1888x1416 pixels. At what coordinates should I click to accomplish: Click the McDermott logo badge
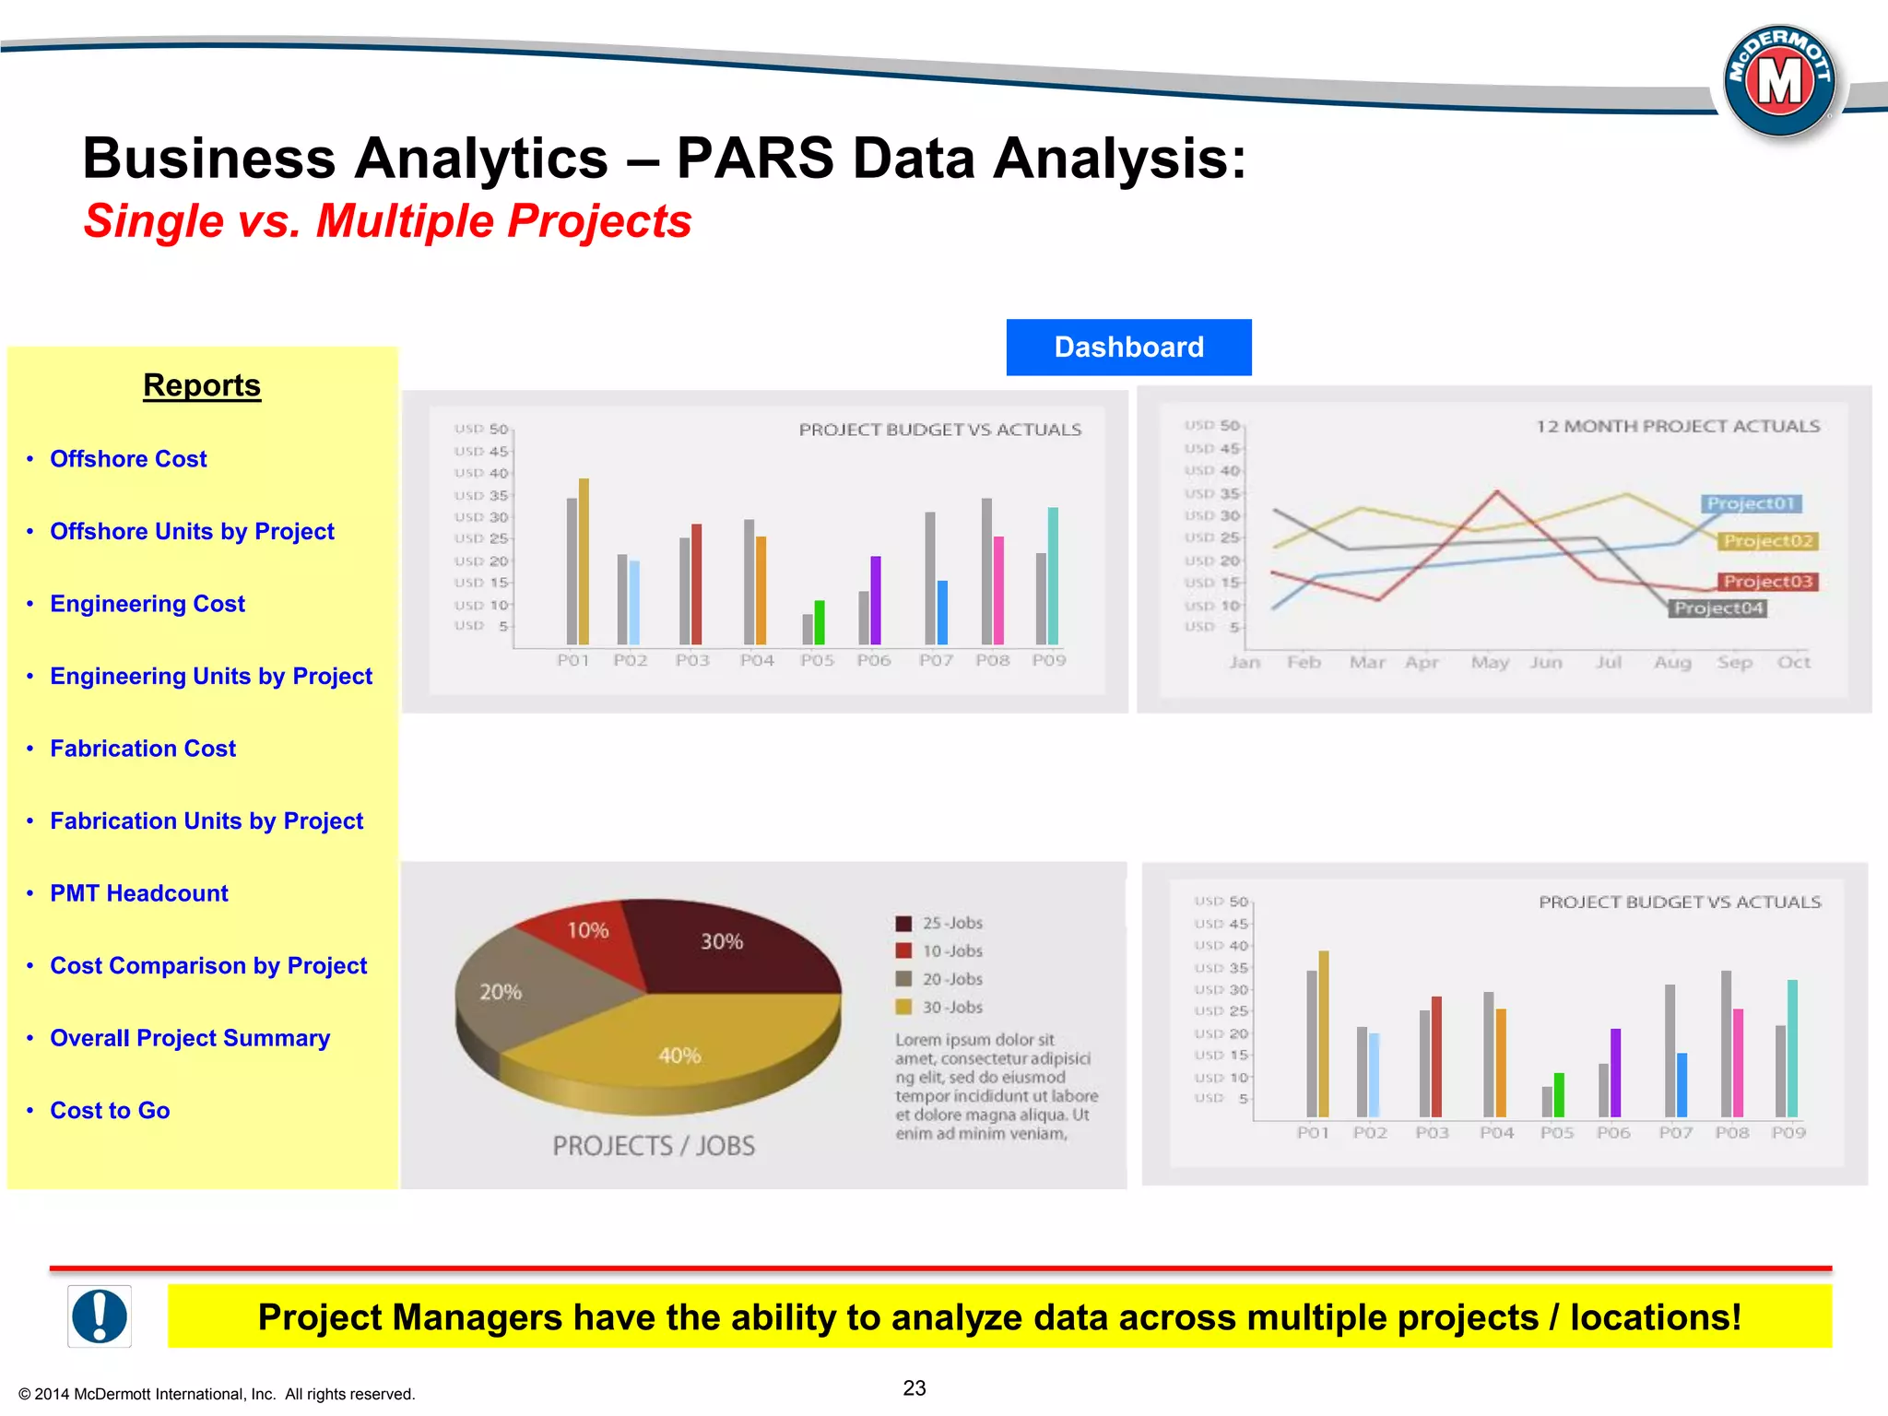(x=1779, y=81)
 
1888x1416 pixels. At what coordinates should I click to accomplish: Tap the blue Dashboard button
(x=1128, y=348)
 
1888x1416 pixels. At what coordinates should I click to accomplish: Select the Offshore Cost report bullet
(x=128, y=459)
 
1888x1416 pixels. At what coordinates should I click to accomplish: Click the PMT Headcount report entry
(x=138, y=893)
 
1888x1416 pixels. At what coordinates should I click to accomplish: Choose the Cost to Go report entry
(x=110, y=1111)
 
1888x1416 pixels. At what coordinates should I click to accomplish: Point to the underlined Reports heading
(x=202, y=385)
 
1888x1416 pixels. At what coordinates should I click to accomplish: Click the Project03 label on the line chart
(x=1767, y=582)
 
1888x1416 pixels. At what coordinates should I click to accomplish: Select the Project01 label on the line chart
(x=1750, y=503)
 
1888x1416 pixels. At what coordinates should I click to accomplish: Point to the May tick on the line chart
(x=1490, y=663)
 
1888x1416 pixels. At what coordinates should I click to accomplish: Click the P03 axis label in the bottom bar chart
(x=1432, y=1133)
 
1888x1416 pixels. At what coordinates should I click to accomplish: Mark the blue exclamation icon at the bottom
(x=100, y=1316)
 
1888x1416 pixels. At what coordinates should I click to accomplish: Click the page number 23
(x=914, y=1388)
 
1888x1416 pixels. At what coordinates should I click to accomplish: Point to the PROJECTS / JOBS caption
(x=654, y=1146)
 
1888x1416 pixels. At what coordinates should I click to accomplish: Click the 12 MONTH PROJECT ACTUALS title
(x=1678, y=427)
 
